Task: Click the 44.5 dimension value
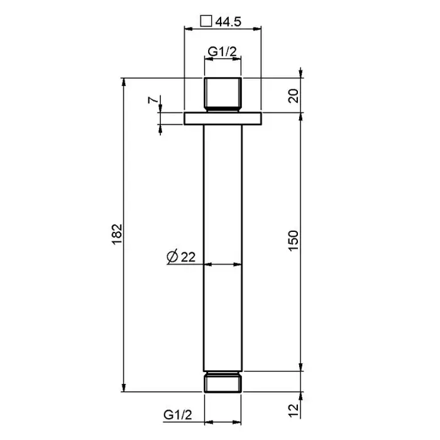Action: click(x=228, y=21)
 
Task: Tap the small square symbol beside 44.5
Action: click(x=206, y=21)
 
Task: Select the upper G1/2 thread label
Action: click(x=223, y=52)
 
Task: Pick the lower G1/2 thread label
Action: click(x=178, y=414)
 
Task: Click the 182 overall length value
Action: click(x=118, y=234)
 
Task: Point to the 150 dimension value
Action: click(x=294, y=241)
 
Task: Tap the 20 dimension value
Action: click(x=294, y=96)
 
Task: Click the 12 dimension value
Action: click(x=294, y=410)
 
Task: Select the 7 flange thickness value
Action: click(x=152, y=99)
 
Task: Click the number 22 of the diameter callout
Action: click(x=188, y=257)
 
